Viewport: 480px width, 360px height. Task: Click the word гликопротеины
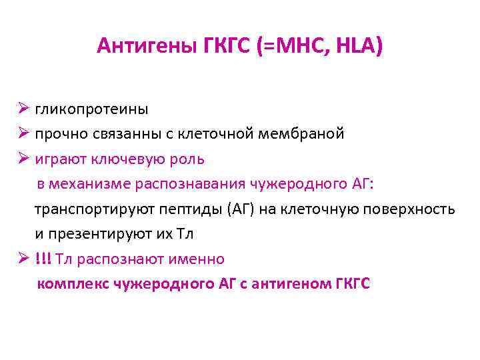coord(92,109)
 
